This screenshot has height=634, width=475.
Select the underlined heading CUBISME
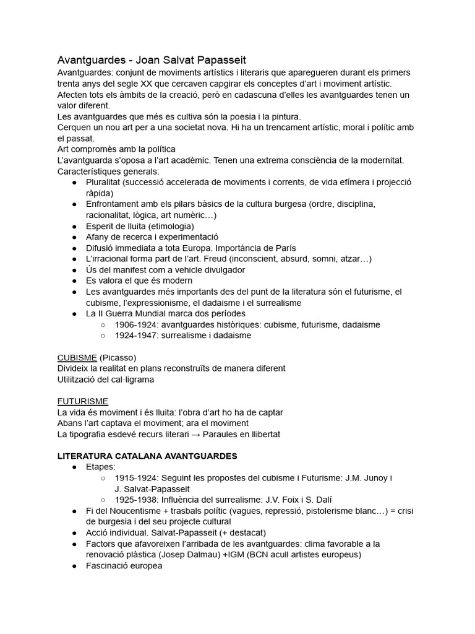click(x=77, y=357)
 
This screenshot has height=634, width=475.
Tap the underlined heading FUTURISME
click(x=82, y=401)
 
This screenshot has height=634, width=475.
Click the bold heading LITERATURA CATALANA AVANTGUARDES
click(x=147, y=456)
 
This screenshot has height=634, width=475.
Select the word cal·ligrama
click(x=129, y=379)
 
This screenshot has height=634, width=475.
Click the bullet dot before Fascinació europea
click(x=74, y=566)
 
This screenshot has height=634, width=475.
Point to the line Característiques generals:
click(x=108, y=171)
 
